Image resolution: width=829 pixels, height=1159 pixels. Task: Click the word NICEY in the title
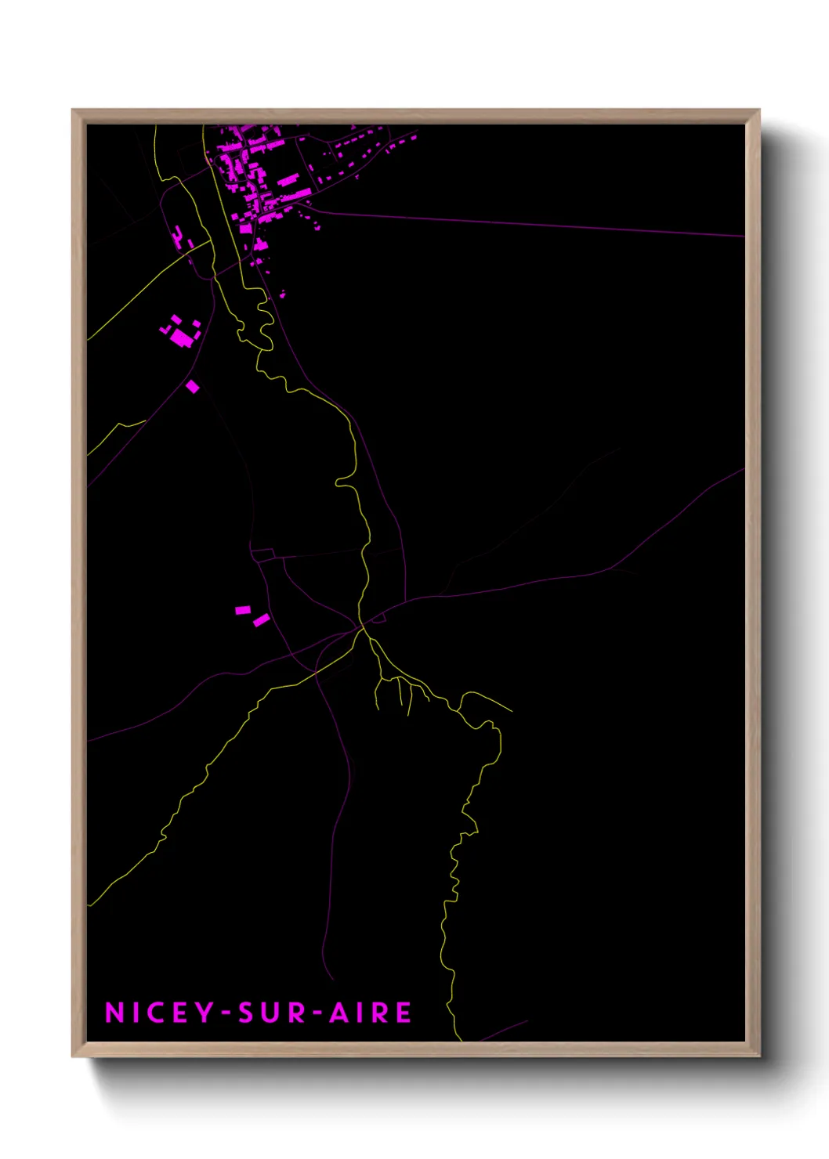[x=160, y=1013]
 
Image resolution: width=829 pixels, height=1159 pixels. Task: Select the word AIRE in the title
[x=370, y=1013]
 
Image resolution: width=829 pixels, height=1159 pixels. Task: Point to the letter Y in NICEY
[x=205, y=1013]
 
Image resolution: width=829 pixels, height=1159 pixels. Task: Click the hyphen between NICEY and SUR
[x=226, y=1013]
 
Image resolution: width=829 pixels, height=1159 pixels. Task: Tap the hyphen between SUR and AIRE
[x=317, y=1013]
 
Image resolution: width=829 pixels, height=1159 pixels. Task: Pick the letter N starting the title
[x=114, y=1013]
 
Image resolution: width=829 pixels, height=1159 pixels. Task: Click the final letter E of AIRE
[x=403, y=1013]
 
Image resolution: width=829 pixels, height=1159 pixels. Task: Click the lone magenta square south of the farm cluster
[x=193, y=386]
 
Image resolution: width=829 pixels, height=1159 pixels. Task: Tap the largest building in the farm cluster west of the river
[x=183, y=338]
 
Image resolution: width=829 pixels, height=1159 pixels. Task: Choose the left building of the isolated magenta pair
[x=243, y=610]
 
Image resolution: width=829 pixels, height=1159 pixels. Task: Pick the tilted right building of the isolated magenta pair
[x=262, y=620]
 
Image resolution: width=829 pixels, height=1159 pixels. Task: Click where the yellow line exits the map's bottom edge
[x=460, y=1040]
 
